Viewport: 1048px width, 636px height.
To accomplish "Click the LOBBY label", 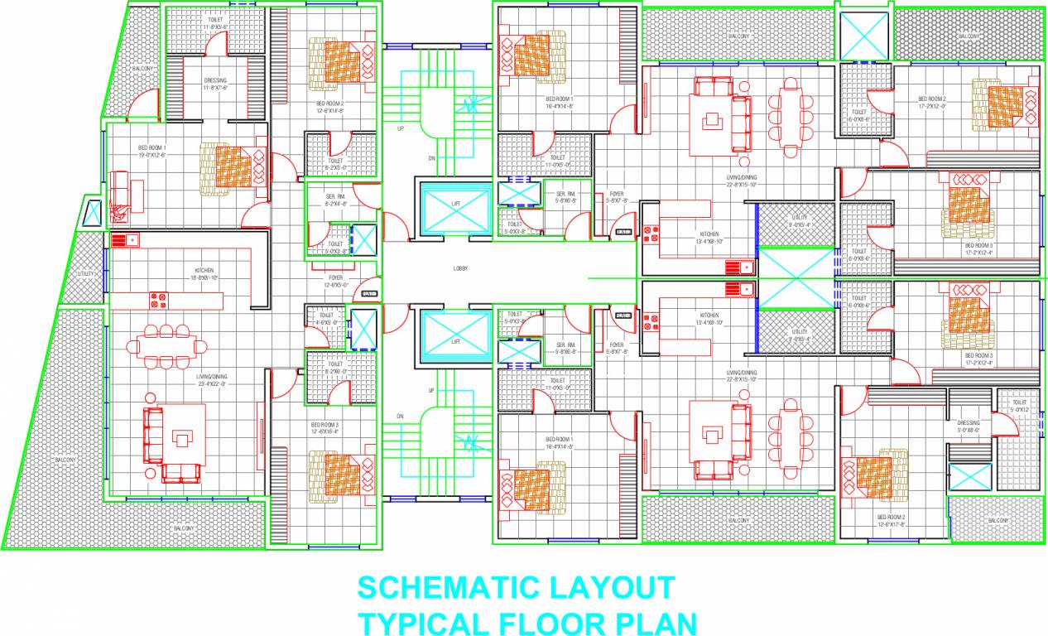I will [x=461, y=268].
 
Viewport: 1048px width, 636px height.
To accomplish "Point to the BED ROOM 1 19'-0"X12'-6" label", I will [x=151, y=152].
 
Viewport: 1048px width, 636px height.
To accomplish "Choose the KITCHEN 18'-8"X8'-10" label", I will [x=204, y=274].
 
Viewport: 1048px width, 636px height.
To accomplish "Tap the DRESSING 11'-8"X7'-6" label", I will [x=215, y=84].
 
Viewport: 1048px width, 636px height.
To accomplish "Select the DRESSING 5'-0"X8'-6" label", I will [x=968, y=426].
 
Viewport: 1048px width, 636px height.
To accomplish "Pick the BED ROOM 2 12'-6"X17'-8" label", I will [x=891, y=520].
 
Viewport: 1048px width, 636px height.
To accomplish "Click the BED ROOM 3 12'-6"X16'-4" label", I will [x=325, y=427].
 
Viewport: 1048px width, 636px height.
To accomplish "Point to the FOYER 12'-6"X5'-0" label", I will [x=335, y=282].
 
